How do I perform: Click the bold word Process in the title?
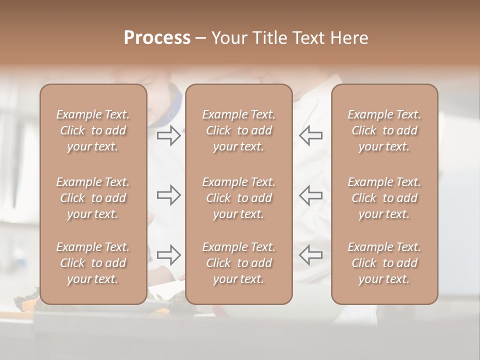[x=157, y=38]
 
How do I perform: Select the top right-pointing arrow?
[x=169, y=135]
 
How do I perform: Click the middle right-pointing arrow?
[x=169, y=195]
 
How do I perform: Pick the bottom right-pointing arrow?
[x=169, y=255]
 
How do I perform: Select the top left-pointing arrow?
[x=310, y=135]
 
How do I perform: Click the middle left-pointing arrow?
[x=310, y=195]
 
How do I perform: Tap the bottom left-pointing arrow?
[x=310, y=255]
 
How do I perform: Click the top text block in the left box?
[x=93, y=130]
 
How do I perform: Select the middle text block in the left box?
[x=93, y=198]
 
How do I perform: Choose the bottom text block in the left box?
[x=93, y=263]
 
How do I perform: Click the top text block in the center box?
[x=239, y=130]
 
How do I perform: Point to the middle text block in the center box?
[x=239, y=198]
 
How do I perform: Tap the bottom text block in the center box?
[x=239, y=263]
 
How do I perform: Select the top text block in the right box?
[x=384, y=130]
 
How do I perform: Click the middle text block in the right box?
[x=384, y=198]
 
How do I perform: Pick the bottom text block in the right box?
[x=384, y=263]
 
